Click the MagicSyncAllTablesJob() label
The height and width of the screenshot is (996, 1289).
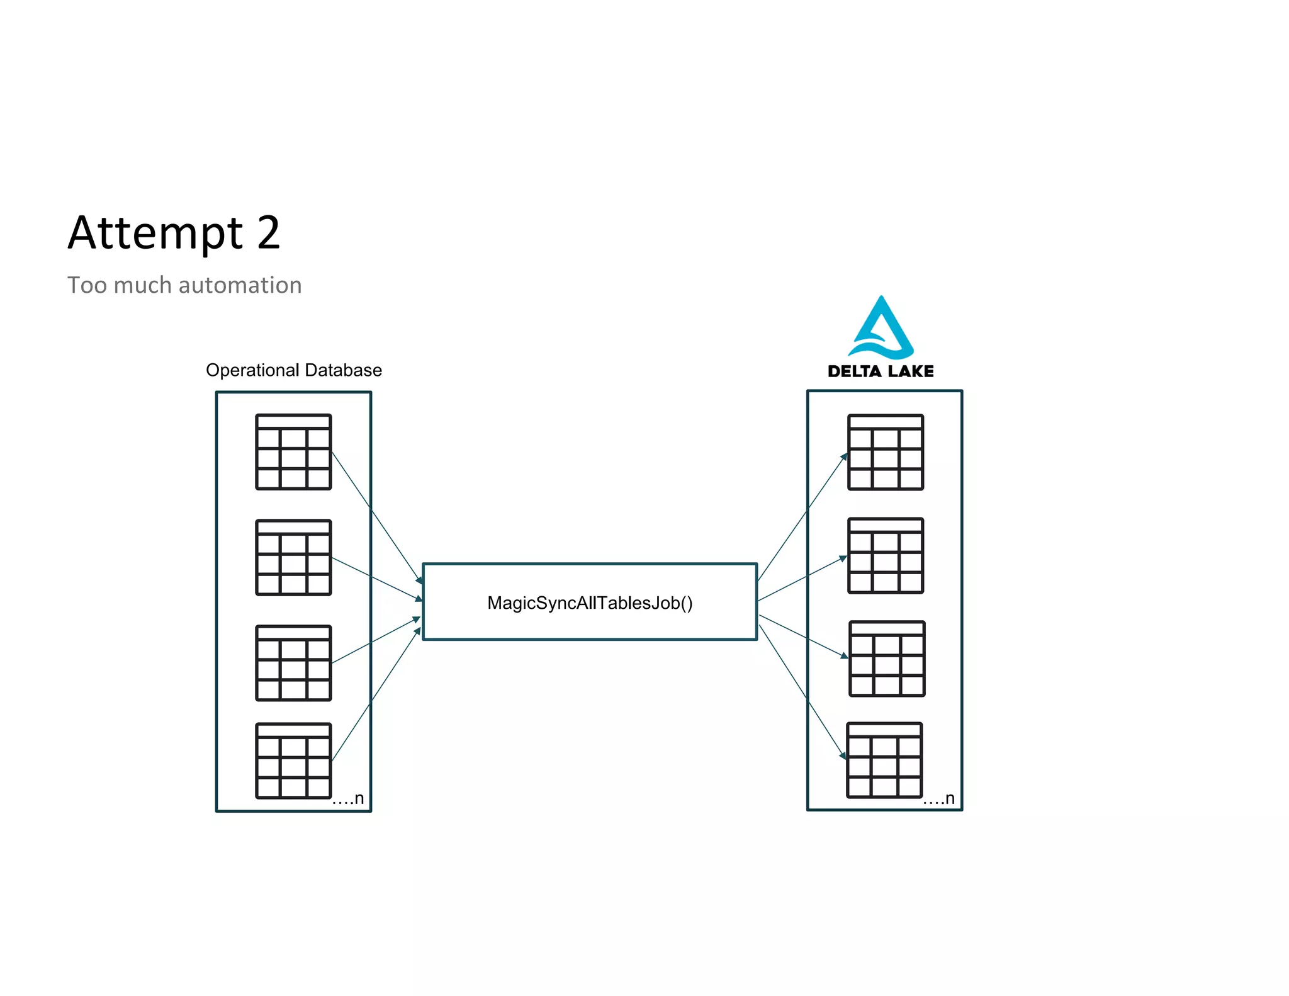click(590, 603)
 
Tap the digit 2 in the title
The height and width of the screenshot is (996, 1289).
click(268, 233)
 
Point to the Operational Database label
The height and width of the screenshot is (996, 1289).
click(294, 370)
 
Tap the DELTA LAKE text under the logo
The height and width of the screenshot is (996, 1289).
click(881, 371)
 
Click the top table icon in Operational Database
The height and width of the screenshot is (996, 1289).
click(293, 452)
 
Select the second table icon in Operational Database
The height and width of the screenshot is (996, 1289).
click(293, 557)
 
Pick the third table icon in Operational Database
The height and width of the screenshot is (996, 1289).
click(293, 663)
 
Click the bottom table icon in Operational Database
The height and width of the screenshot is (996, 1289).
click(293, 761)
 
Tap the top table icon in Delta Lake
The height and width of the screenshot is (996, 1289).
click(886, 452)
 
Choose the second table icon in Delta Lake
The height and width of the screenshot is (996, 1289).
click(886, 555)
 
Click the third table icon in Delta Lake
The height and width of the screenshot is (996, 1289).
click(887, 659)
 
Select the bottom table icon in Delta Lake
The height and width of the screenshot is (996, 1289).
click(884, 760)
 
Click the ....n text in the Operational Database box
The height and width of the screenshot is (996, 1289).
click(348, 799)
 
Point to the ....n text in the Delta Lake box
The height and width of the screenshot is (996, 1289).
click(939, 799)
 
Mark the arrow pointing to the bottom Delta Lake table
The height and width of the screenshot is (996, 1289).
click(802, 692)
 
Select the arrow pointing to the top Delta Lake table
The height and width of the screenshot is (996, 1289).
click(802, 517)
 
